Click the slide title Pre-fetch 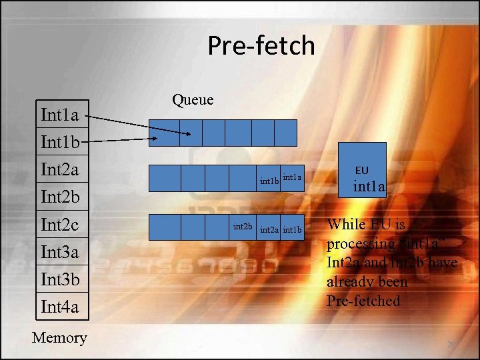point(261,46)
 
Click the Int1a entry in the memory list point(60,115)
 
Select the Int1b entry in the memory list point(60,143)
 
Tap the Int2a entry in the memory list point(60,170)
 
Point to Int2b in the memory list point(60,197)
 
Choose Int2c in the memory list point(60,225)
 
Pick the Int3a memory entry point(60,252)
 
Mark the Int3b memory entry point(60,279)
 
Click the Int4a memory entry point(60,307)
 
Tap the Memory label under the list point(59,338)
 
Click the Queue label point(193,100)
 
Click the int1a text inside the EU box point(369,187)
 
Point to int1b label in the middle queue point(269,181)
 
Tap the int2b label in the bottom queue point(243,227)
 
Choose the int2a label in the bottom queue point(269,231)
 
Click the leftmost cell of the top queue point(164,133)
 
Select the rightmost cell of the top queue point(285,133)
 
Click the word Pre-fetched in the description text point(363,301)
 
